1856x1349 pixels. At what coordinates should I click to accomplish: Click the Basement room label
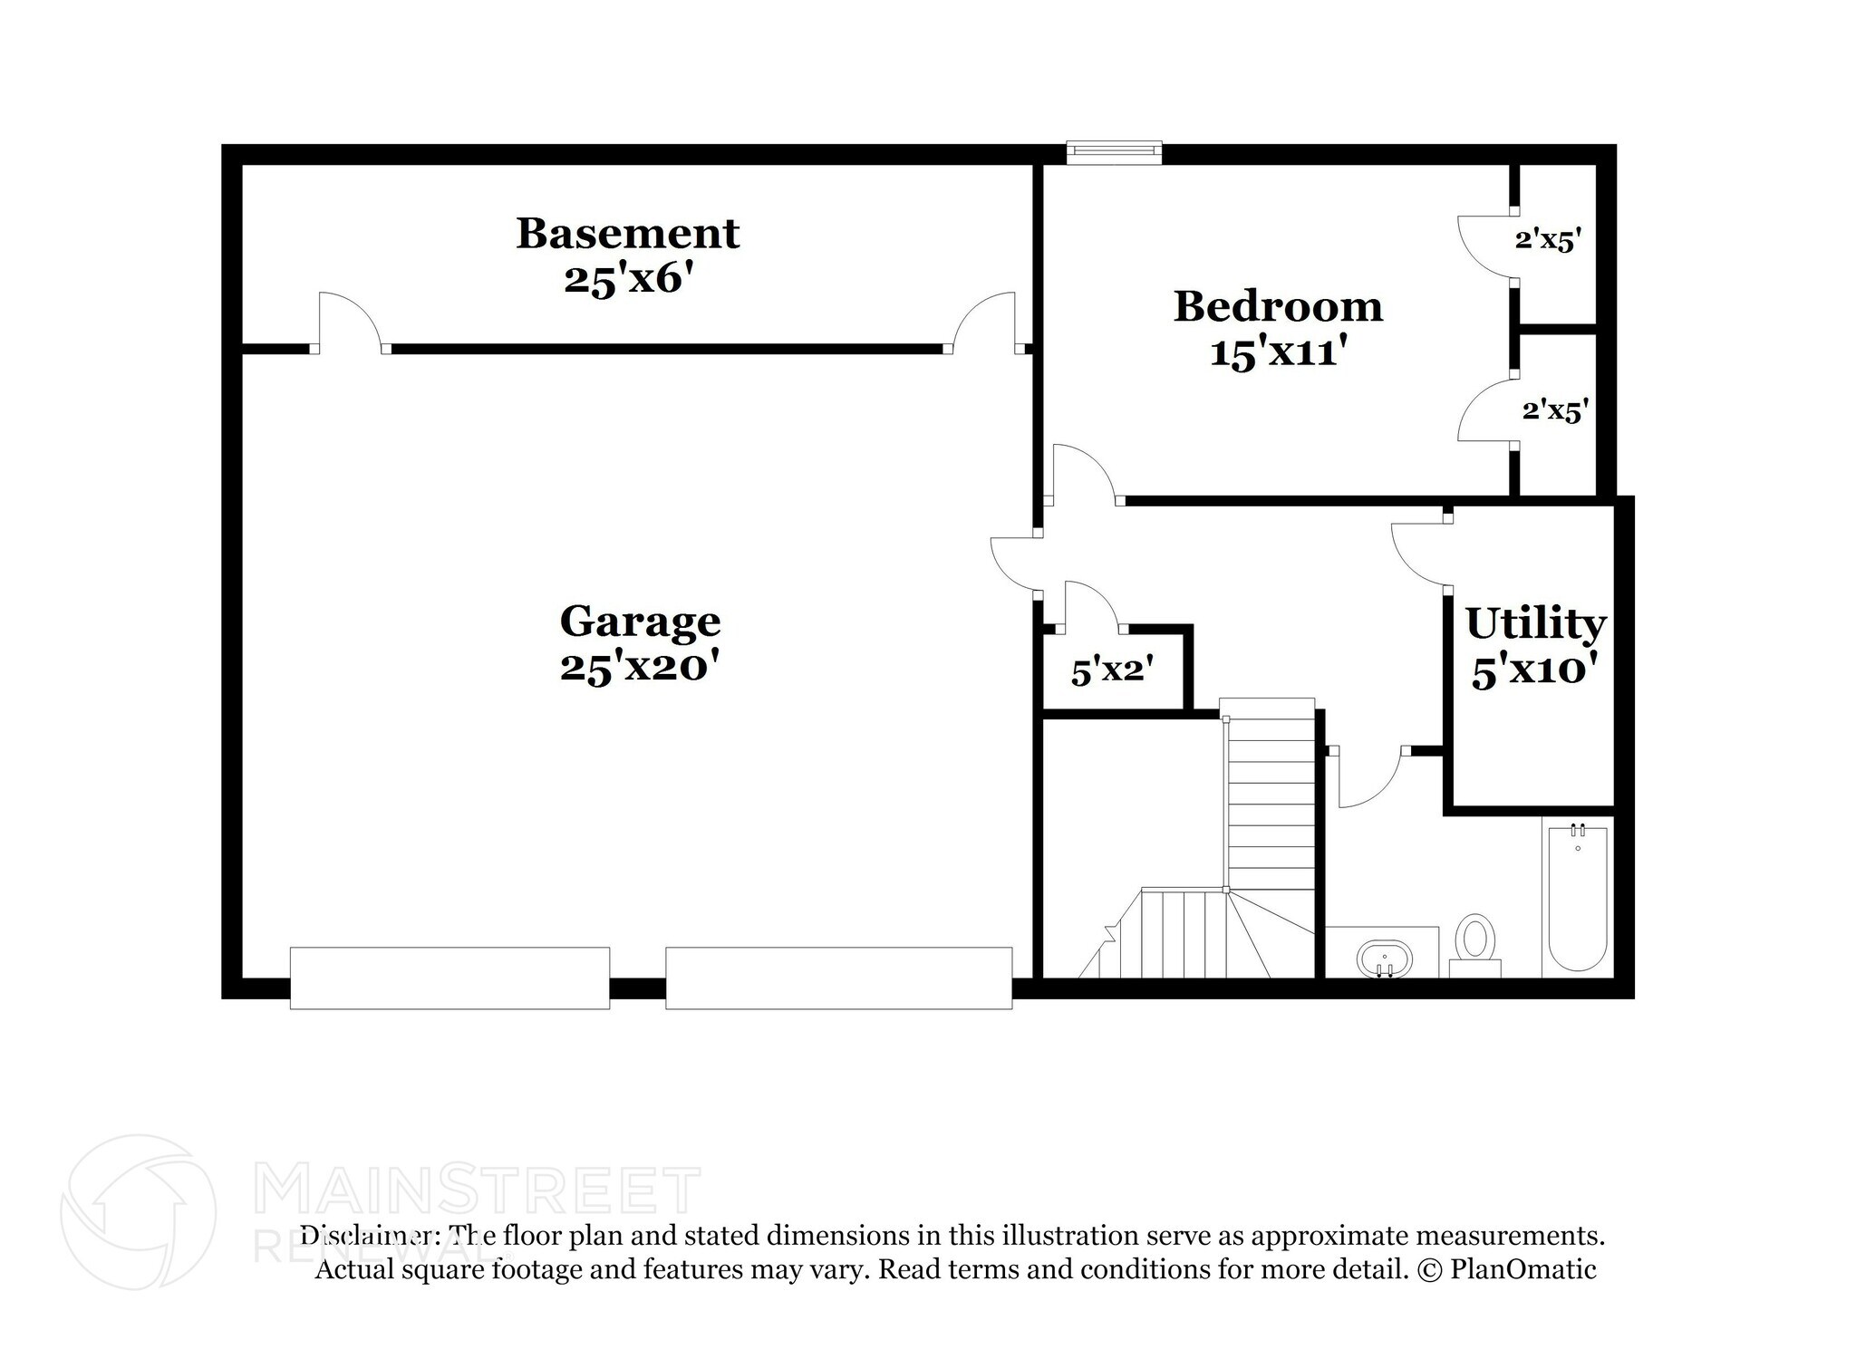(x=627, y=234)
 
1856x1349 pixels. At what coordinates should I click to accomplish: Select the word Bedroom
(x=1278, y=307)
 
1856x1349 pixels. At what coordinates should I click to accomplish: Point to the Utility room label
(x=1535, y=624)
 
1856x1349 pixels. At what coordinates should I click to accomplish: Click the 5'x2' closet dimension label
(x=1112, y=672)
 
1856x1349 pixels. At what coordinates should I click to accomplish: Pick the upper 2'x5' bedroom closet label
(x=1548, y=240)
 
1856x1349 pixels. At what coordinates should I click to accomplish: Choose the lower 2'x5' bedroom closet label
(x=1555, y=410)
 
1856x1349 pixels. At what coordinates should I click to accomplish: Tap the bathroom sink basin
(x=1384, y=958)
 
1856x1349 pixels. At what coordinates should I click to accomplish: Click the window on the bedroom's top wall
(x=1114, y=152)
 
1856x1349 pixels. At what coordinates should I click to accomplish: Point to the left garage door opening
(x=449, y=978)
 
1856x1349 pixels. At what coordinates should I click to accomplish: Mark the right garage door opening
(x=838, y=978)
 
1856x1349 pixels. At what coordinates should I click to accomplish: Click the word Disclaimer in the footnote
(x=366, y=1236)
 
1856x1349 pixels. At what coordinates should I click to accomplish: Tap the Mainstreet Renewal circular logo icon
(x=138, y=1212)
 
